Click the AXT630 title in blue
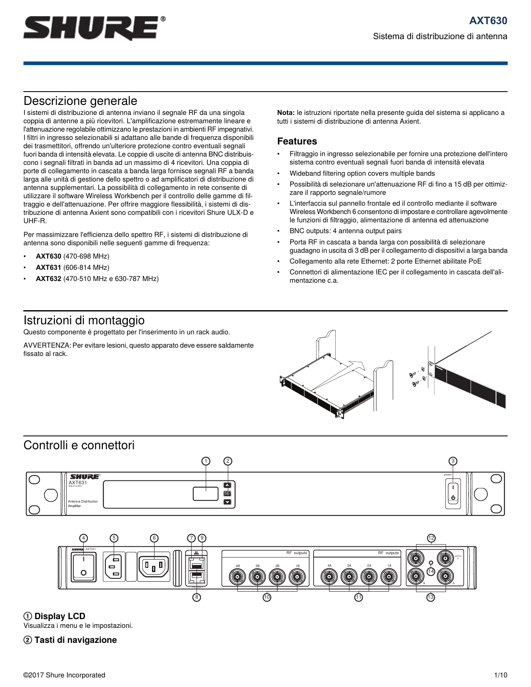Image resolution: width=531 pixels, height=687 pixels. (x=488, y=21)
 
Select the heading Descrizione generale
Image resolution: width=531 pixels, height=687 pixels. (x=80, y=101)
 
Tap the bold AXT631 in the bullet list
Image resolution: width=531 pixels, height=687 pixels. (x=48, y=268)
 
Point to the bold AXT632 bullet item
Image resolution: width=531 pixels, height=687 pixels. (x=48, y=279)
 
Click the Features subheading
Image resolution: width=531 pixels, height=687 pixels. (x=297, y=142)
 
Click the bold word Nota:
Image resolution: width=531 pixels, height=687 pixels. (x=286, y=113)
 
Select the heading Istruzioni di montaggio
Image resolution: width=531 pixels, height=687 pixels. (x=84, y=321)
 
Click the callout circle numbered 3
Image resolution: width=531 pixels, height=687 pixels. (x=453, y=461)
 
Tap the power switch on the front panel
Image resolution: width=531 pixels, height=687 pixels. (x=453, y=493)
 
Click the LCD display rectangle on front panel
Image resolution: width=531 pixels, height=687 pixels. (x=206, y=494)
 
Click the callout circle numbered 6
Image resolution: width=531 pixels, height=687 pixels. (x=154, y=538)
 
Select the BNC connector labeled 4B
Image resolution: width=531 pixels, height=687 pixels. (x=237, y=577)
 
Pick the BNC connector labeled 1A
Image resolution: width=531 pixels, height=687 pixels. (x=389, y=577)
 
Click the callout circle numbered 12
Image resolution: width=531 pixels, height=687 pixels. (x=431, y=538)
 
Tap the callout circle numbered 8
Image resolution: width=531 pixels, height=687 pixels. (x=197, y=597)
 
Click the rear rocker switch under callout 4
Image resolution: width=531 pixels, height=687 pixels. (x=84, y=566)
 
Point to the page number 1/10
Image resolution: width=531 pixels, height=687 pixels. (x=500, y=675)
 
